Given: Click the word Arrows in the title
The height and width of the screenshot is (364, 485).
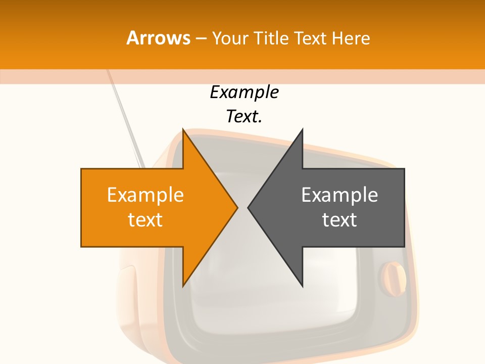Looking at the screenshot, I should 158,38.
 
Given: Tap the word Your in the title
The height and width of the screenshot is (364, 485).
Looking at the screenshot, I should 229,38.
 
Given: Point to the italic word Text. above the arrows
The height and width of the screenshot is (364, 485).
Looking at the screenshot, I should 244,117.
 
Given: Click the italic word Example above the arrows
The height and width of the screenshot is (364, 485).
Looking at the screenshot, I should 244,93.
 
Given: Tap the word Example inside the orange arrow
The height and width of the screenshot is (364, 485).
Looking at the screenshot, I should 145,195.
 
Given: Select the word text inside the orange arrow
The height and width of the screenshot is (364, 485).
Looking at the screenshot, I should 145,219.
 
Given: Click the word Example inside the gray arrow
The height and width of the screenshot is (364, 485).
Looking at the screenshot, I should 339,195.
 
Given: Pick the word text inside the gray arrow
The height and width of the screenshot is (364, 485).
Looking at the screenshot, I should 339,219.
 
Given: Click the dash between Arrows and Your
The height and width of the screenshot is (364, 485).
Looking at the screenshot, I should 200,38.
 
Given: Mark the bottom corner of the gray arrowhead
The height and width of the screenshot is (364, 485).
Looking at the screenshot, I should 302,286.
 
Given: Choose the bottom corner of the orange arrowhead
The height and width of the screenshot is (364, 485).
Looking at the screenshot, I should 183,286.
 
